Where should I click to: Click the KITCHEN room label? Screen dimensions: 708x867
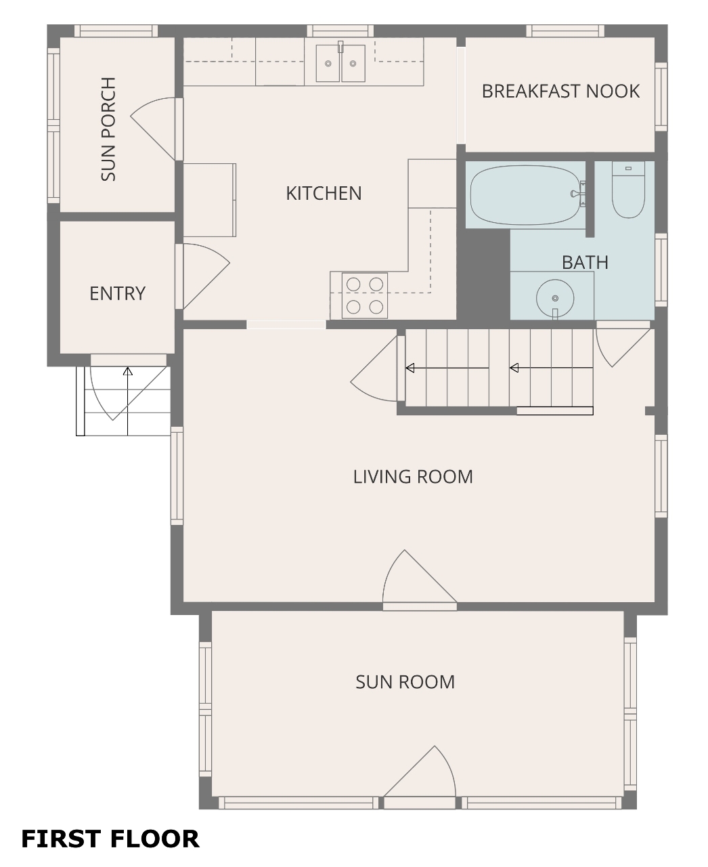(324, 193)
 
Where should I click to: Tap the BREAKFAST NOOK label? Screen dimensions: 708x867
(560, 91)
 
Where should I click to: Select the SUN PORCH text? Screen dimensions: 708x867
(108, 129)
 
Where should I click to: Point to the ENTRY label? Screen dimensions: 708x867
(118, 293)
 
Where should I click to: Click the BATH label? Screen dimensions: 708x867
(585, 263)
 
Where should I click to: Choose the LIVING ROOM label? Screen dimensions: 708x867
(413, 477)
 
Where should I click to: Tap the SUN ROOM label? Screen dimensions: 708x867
(405, 682)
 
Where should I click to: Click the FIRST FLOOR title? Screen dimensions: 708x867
(110, 839)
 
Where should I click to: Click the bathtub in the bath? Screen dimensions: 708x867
(525, 195)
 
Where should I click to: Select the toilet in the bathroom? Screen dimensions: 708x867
(628, 190)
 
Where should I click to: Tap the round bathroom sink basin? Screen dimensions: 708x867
(555, 298)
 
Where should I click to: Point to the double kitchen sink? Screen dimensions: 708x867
(340, 63)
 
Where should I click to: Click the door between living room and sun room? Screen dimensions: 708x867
(420, 580)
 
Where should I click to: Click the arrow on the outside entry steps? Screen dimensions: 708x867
(128, 401)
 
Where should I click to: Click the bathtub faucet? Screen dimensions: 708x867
(578, 194)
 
